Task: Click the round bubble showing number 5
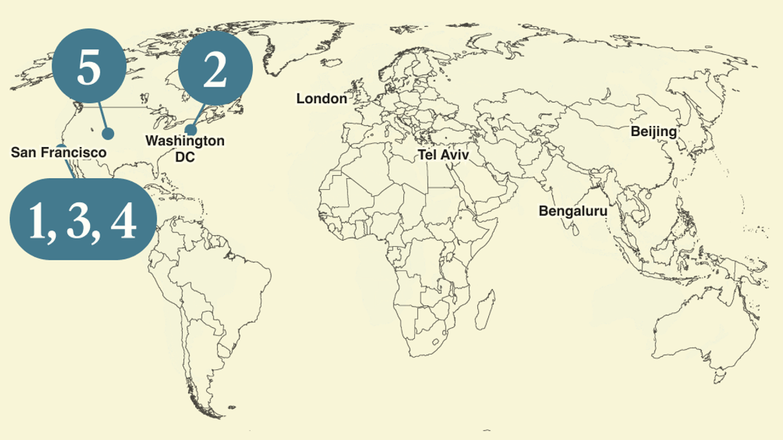[88, 67]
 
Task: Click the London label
[321, 99]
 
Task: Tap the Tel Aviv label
[443, 155]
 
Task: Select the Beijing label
[654, 131]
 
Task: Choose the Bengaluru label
[573, 211]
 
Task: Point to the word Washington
[185, 141]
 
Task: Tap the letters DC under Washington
[185, 157]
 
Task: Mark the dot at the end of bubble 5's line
[108, 133]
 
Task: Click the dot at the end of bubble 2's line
[192, 130]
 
